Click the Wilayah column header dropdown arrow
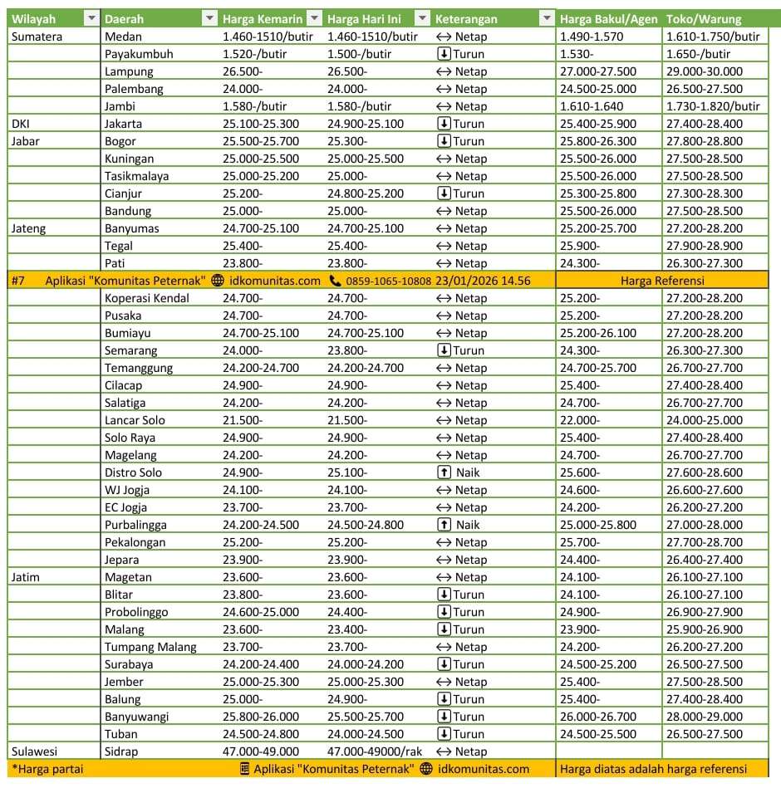[91, 18]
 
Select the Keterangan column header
[466, 18]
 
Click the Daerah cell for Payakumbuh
[139, 54]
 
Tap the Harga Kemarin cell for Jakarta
[261, 124]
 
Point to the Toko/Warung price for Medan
[713, 37]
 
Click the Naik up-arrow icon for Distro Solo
[444, 472]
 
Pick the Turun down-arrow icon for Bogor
[444, 141]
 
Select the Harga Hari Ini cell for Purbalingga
[366, 525]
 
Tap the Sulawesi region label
[33, 751]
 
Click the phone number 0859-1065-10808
[388, 281]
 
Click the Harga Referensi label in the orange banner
[662, 281]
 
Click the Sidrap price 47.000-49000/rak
[375, 751]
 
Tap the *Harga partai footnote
[47, 769]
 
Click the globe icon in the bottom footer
[426, 769]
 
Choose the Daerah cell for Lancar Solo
[135, 420]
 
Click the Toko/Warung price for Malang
[705, 629]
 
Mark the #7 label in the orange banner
[18, 281]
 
